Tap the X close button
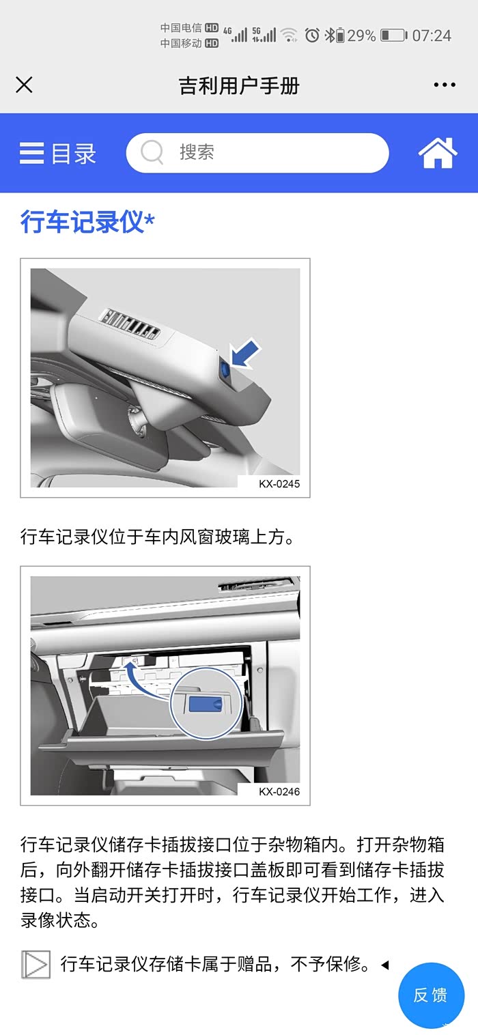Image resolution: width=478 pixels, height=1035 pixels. [24, 85]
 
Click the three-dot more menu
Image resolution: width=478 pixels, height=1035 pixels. [445, 85]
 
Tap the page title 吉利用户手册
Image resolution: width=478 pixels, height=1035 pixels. [239, 85]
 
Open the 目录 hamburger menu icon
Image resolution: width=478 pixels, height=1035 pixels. [32, 153]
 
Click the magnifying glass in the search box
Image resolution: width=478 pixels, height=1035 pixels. [152, 152]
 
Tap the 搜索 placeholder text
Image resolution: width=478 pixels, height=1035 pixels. [197, 152]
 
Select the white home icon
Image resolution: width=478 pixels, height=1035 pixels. [437, 152]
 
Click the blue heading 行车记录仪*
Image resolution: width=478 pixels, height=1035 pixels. [87, 221]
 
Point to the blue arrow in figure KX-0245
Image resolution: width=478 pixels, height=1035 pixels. [245, 354]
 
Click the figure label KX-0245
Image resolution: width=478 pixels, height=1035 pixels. [279, 484]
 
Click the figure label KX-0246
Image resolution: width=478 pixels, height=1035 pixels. [279, 791]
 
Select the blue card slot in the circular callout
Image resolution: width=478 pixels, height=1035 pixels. [206, 704]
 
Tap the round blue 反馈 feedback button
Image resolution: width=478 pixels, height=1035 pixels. [431, 995]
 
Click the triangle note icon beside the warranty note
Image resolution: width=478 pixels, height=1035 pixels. [36, 964]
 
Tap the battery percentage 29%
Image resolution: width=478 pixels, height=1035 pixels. [361, 36]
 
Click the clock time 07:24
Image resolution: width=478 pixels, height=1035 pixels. [432, 36]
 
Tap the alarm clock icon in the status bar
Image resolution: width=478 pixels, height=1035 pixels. [312, 35]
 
